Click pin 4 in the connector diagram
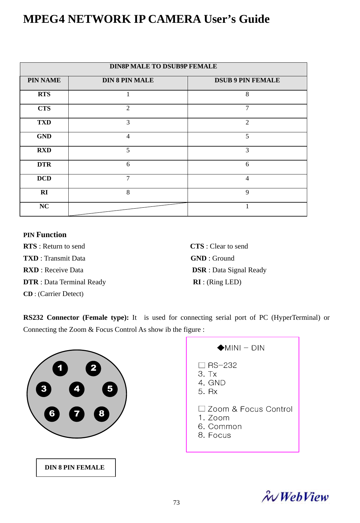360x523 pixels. click(77, 389)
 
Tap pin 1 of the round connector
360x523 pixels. click(60, 369)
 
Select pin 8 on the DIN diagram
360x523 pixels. click(102, 414)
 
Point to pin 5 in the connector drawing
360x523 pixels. click(110, 389)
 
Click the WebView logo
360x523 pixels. click(295, 497)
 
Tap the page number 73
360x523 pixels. click(177, 502)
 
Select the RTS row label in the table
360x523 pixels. click(44, 94)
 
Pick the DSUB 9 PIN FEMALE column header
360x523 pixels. click(247, 80)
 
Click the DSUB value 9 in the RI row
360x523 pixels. click(247, 192)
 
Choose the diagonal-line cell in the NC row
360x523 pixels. click(128, 209)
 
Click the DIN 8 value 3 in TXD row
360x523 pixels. click(128, 123)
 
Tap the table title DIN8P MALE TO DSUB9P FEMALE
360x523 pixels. click(163, 66)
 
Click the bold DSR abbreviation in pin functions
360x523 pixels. click(199, 270)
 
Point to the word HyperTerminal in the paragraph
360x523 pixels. click(295, 318)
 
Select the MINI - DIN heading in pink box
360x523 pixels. click(241, 348)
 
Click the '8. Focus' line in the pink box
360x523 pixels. click(214, 436)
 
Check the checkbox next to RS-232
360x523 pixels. click(202, 365)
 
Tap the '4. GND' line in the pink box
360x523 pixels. click(212, 383)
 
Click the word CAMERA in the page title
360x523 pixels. click(174, 19)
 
